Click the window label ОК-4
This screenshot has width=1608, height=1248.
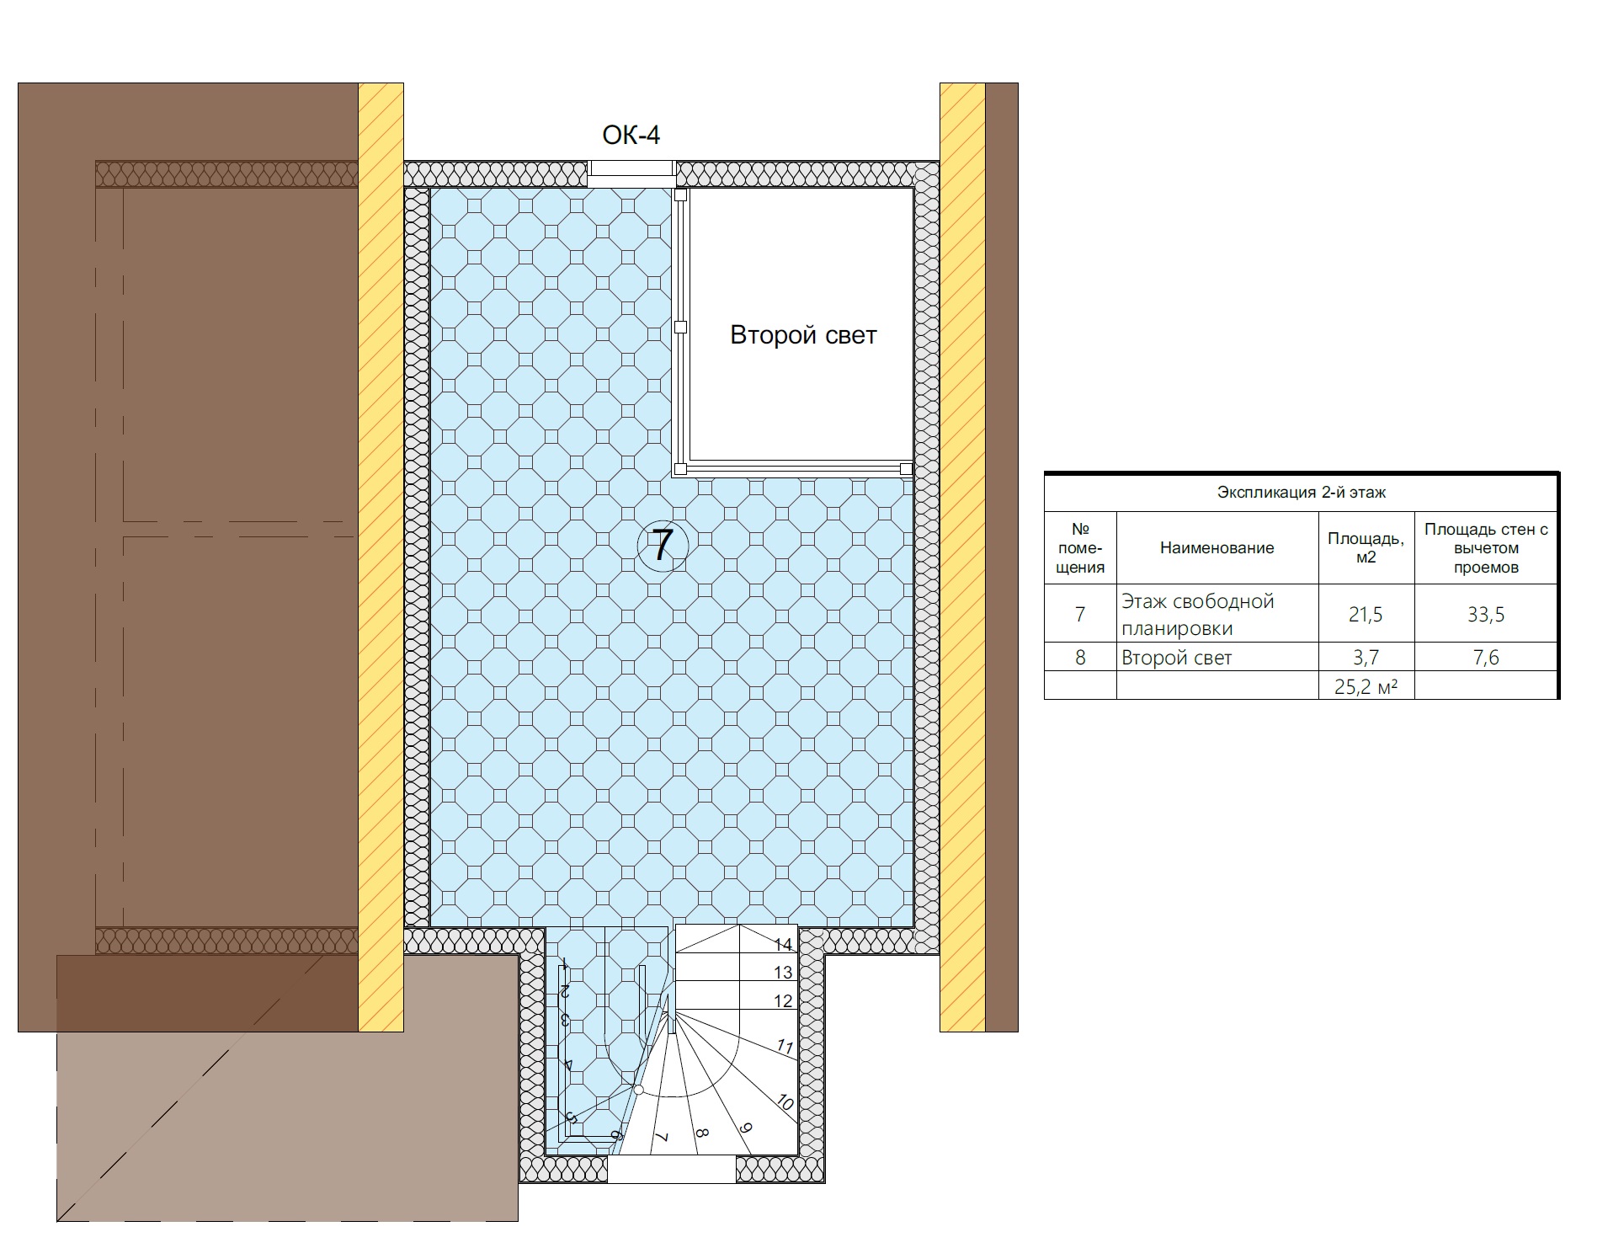pyautogui.click(x=631, y=135)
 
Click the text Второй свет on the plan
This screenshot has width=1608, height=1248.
pyautogui.click(x=803, y=335)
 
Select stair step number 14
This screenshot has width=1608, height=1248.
pyautogui.click(x=783, y=945)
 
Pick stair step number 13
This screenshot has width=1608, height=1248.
pyautogui.click(x=783, y=973)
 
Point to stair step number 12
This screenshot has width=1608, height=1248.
pyautogui.click(x=783, y=1001)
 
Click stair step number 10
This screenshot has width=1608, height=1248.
pyautogui.click(x=784, y=1102)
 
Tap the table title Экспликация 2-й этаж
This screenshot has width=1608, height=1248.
pyautogui.click(x=1301, y=493)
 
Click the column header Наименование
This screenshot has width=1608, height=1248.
pyautogui.click(x=1217, y=548)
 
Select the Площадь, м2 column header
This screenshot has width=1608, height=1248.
pyautogui.click(x=1366, y=547)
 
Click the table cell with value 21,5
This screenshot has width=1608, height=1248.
pyautogui.click(x=1366, y=615)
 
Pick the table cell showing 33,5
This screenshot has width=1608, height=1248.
pyautogui.click(x=1486, y=615)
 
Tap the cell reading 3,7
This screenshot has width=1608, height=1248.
pyautogui.click(x=1366, y=657)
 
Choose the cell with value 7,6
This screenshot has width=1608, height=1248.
pyautogui.click(x=1486, y=657)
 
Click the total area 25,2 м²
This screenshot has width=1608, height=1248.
pyautogui.click(x=1366, y=687)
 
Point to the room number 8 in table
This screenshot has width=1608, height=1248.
pyautogui.click(x=1080, y=658)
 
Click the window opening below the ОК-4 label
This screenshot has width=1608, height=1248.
pyautogui.click(x=631, y=173)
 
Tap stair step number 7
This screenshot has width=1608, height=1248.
pyautogui.click(x=662, y=1137)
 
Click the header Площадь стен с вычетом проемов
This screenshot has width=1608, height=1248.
pyautogui.click(x=1486, y=547)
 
